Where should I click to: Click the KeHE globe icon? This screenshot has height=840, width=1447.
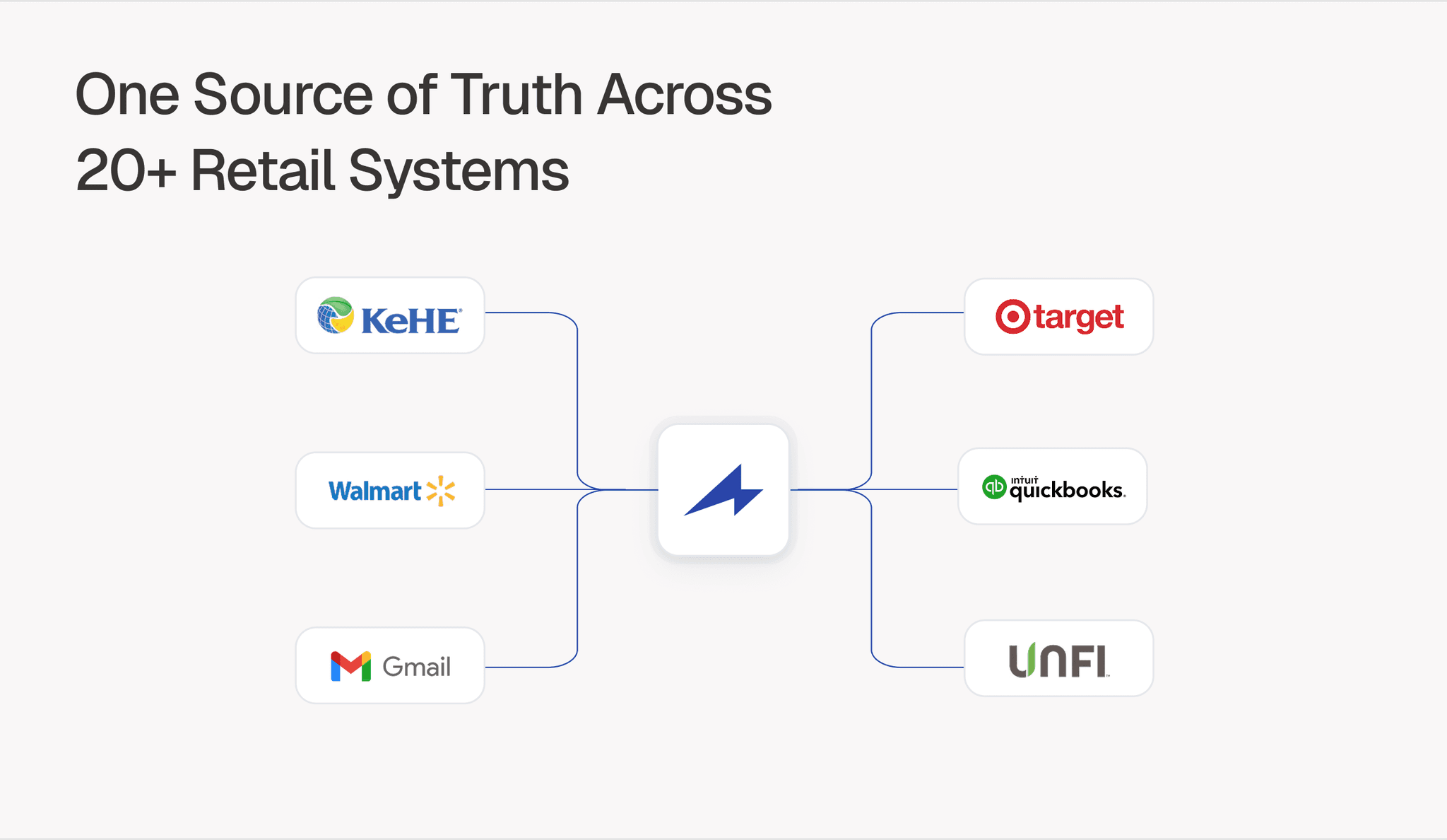pyautogui.click(x=336, y=315)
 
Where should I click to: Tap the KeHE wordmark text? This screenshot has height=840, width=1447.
pyautogui.click(x=411, y=321)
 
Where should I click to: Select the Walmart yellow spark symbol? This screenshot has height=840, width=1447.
pyautogui.click(x=441, y=491)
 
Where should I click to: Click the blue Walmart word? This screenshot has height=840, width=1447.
pyautogui.click(x=374, y=491)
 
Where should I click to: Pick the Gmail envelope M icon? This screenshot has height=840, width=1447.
pyautogui.click(x=350, y=666)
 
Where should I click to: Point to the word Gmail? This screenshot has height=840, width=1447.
pyautogui.click(x=416, y=667)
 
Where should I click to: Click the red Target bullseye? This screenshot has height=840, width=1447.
pyautogui.click(x=1012, y=317)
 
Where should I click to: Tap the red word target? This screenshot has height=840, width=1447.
pyautogui.click(x=1079, y=318)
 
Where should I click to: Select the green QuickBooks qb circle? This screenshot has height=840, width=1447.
pyautogui.click(x=994, y=487)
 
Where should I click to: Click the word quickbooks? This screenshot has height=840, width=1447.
pyautogui.click(x=1067, y=491)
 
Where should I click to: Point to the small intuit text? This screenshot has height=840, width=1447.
pyautogui.click(x=1024, y=480)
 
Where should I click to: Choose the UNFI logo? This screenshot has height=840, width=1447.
pyautogui.click(x=1058, y=660)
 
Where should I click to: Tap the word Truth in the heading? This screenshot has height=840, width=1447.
pyautogui.click(x=516, y=95)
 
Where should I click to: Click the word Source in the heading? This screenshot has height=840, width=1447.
pyautogui.click(x=283, y=95)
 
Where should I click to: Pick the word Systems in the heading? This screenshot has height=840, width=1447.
pyautogui.click(x=459, y=171)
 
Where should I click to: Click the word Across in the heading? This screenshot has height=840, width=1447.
pyautogui.click(x=684, y=95)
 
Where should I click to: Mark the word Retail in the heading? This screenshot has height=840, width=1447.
pyautogui.click(x=262, y=171)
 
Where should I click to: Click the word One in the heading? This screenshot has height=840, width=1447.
pyautogui.click(x=127, y=95)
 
